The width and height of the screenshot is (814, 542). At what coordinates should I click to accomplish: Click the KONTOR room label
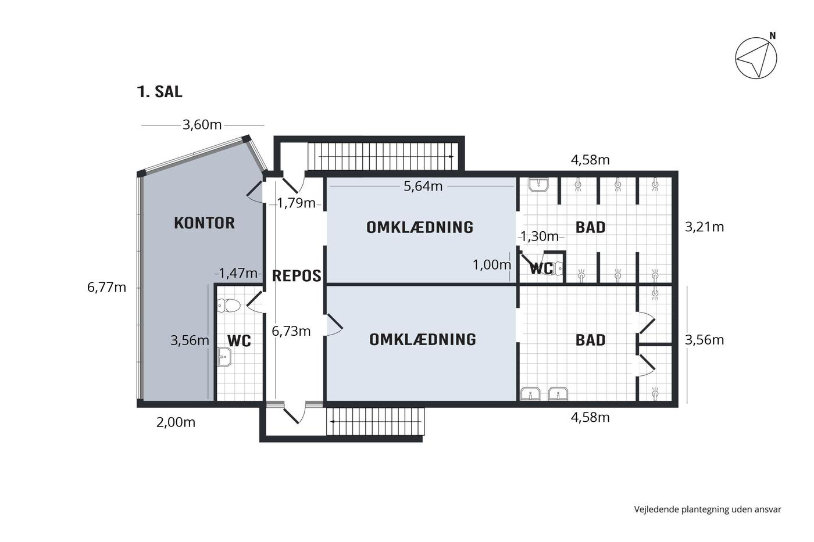point(204,223)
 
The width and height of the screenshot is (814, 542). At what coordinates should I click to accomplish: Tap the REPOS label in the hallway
point(297,276)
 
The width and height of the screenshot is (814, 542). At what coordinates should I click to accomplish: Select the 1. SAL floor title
point(159,91)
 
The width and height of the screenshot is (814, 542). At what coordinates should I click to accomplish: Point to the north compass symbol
point(756,58)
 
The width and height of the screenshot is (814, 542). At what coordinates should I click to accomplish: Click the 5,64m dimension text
point(423,186)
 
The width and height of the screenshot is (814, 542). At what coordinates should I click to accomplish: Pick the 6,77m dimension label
point(106,288)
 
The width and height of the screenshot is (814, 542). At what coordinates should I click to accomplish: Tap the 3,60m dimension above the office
point(202,125)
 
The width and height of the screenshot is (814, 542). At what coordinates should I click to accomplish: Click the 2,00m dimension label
point(176,422)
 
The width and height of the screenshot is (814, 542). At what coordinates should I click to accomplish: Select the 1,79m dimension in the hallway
point(297,203)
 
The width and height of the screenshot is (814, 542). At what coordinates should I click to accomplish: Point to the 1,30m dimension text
point(540,236)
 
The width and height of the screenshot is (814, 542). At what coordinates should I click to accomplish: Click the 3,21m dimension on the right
point(704,227)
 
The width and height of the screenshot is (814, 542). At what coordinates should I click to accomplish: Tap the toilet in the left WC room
point(229,306)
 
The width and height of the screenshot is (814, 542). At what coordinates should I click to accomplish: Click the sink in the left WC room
point(224,357)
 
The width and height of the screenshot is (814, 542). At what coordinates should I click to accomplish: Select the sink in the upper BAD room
point(538,185)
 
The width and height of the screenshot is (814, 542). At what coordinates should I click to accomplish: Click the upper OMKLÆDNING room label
point(420,228)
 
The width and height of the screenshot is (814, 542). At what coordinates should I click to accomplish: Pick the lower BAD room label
point(591,340)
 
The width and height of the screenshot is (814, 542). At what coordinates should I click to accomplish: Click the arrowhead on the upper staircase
point(451,156)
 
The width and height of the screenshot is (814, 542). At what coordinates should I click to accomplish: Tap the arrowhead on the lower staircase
point(332,422)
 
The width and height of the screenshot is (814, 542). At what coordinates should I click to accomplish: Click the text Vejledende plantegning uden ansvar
point(708,509)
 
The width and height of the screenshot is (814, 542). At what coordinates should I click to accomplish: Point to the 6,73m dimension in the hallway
point(291,331)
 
